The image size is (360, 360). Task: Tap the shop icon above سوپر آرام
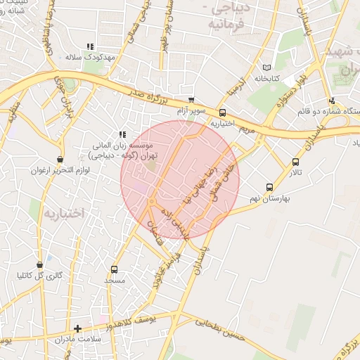point(191,101)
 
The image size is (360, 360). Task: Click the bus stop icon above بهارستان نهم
point(269,187)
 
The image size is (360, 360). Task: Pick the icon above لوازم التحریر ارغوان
point(60,160)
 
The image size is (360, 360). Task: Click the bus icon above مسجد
point(114,269)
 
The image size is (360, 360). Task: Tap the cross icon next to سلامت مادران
point(77,328)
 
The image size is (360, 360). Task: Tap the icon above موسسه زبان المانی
point(122,134)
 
